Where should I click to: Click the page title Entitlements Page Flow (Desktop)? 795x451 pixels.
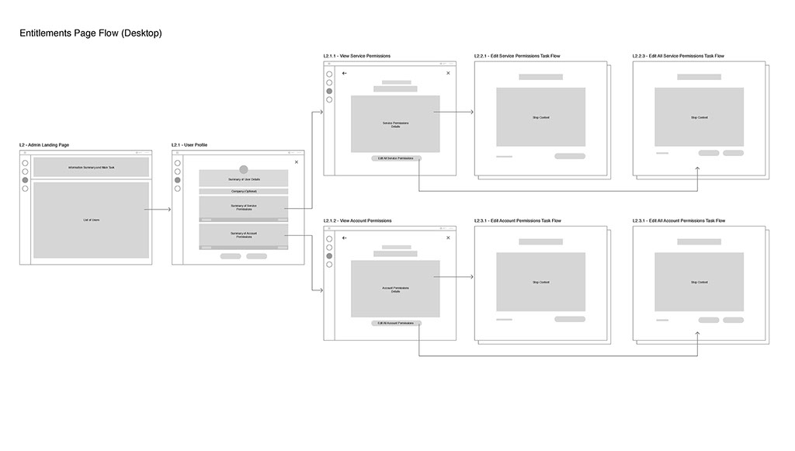(90, 33)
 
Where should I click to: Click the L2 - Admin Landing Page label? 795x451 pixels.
(44, 145)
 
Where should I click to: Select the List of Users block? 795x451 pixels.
(91, 220)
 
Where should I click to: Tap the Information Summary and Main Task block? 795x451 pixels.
(91, 168)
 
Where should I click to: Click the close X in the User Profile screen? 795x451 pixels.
(297, 162)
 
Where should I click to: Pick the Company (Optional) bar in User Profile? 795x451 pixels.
(244, 191)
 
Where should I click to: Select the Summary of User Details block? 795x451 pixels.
(244, 179)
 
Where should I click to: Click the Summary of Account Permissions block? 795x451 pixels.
(244, 235)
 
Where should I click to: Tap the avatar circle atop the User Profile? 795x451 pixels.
(244, 169)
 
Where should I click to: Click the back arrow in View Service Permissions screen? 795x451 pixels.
(345, 74)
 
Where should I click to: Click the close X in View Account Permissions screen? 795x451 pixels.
(448, 238)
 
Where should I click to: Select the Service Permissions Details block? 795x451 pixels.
(395, 124)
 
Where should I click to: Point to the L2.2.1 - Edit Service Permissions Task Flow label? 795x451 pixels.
(517, 57)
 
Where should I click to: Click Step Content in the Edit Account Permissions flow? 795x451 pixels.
(540, 283)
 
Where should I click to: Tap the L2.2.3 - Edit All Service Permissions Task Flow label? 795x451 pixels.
(679, 57)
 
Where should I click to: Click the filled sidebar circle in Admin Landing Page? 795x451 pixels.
(25, 180)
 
